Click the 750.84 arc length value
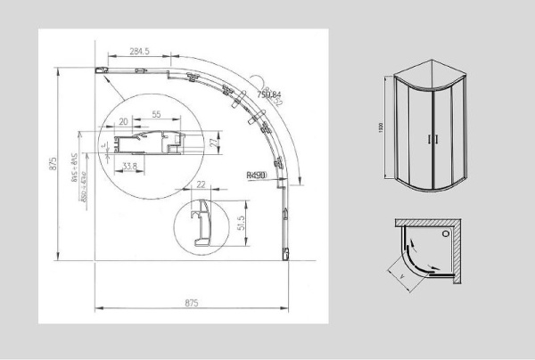pos(268,94)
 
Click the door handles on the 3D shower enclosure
pos(432,139)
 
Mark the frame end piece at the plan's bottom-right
pos(285,254)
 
